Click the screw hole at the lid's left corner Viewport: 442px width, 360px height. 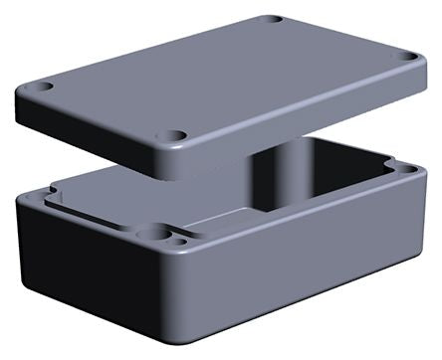click(44, 88)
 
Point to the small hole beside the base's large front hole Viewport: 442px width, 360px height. click(179, 241)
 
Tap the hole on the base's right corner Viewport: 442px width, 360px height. click(406, 169)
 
